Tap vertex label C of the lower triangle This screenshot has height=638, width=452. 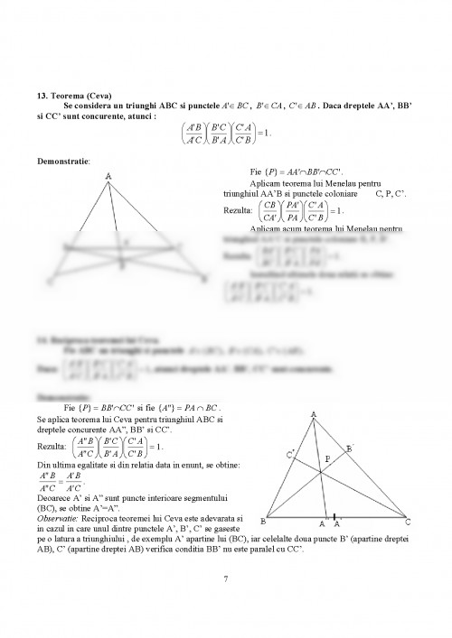(408, 522)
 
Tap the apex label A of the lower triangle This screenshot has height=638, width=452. (313, 415)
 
